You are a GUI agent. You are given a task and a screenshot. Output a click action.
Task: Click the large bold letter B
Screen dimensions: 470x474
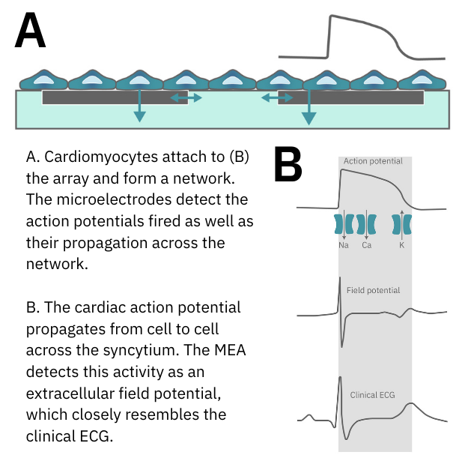[x=288, y=165]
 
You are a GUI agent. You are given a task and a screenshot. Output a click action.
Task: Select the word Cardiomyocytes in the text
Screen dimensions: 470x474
[x=100, y=158]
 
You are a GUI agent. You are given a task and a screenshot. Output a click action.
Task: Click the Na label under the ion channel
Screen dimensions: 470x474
[x=344, y=245]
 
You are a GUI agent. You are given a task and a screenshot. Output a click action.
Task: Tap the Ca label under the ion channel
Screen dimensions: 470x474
[x=366, y=245]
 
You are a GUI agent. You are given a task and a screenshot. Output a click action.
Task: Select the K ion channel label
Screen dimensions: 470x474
[x=402, y=245]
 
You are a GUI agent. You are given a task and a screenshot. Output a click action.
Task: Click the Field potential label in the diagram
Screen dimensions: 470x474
[x=373, y=290]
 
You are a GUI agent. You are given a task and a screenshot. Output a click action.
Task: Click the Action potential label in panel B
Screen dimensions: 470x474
[x=373, y=161]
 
